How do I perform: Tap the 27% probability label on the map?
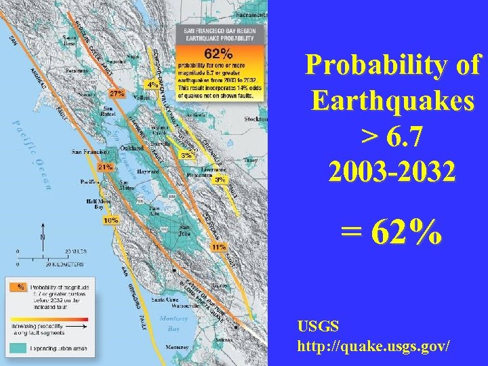[x=117, y=93]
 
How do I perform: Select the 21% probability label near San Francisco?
[x=105, y=166]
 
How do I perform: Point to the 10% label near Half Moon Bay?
[x=110, y=220]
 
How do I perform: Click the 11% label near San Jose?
[x=218, y=247]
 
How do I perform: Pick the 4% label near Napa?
[x=153, y=85]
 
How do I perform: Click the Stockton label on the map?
[x=256, y=119]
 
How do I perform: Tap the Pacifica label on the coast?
[x=90, y=182]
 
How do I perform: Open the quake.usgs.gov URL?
[x=373, y=346]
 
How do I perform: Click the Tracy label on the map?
[x=250, y=160]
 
